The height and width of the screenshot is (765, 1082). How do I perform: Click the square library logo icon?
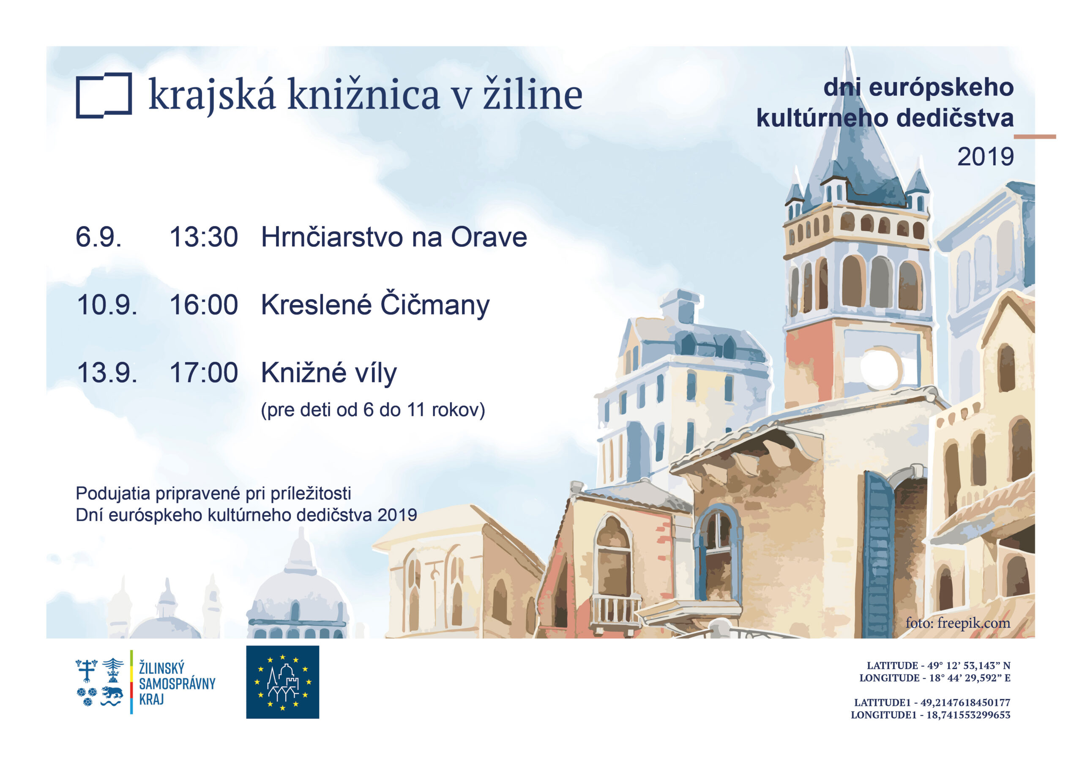click(x=104, y=95)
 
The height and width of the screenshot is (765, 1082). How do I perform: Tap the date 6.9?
click(x=98, y=237)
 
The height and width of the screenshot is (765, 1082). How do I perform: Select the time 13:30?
click(x=204, y=237)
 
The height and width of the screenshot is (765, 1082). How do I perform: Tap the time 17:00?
click(x=204, y=373)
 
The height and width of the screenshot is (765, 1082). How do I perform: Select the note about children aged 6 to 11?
click(x=373, y=410)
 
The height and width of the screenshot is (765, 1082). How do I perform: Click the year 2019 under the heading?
click(x=985, y=156)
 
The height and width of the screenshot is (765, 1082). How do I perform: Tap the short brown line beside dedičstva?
click(x=1035, y=137)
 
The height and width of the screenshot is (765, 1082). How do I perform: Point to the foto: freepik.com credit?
click(x=958, y=623)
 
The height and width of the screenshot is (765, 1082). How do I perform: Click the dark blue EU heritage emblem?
click(x=282, y=682)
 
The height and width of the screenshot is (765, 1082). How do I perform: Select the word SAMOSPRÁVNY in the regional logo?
click(x=177, y=683)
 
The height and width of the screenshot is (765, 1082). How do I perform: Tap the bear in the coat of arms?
click(x=112, y=691)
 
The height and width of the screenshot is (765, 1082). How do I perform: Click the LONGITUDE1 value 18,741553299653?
click(x=968, y=715)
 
